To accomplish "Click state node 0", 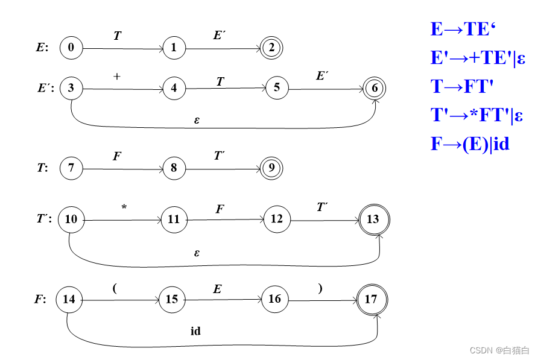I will click(71, 48).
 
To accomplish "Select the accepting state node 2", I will click(272, 48).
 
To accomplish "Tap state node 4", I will click(174, 88).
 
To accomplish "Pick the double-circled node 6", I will click(375, 88).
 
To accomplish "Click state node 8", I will click(174, 168).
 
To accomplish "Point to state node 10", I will click(71, 219).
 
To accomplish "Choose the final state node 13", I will click(373, 219).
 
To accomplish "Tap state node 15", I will click(172, 299).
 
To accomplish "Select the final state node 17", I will click(372, 299).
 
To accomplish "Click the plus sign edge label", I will click(117, 77).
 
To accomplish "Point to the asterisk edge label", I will click(124, 207).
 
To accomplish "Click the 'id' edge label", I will click(195, 331).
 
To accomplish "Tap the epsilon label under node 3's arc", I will click(197, 119).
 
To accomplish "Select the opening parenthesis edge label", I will click(114, 288).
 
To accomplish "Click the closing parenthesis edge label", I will click(320, 288).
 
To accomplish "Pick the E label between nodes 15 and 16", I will click(217, 289).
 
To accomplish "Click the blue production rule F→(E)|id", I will click(470, 144).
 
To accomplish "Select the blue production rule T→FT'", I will click(462, 87).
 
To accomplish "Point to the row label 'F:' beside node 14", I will click(40, 300).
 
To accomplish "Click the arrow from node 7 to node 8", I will click(122, 169).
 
